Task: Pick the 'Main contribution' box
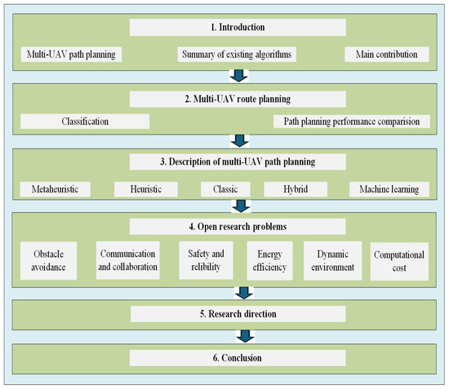pyautogui.click(x=385, y=55)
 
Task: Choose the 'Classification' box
pyautogui.click(x=85, y=122)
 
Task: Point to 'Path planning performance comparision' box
pyautogui.click(x=350, y=122)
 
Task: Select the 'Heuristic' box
pyautogui.click(x=147, y=189)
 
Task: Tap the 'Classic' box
pyautogui.click(x=224, y=189)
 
